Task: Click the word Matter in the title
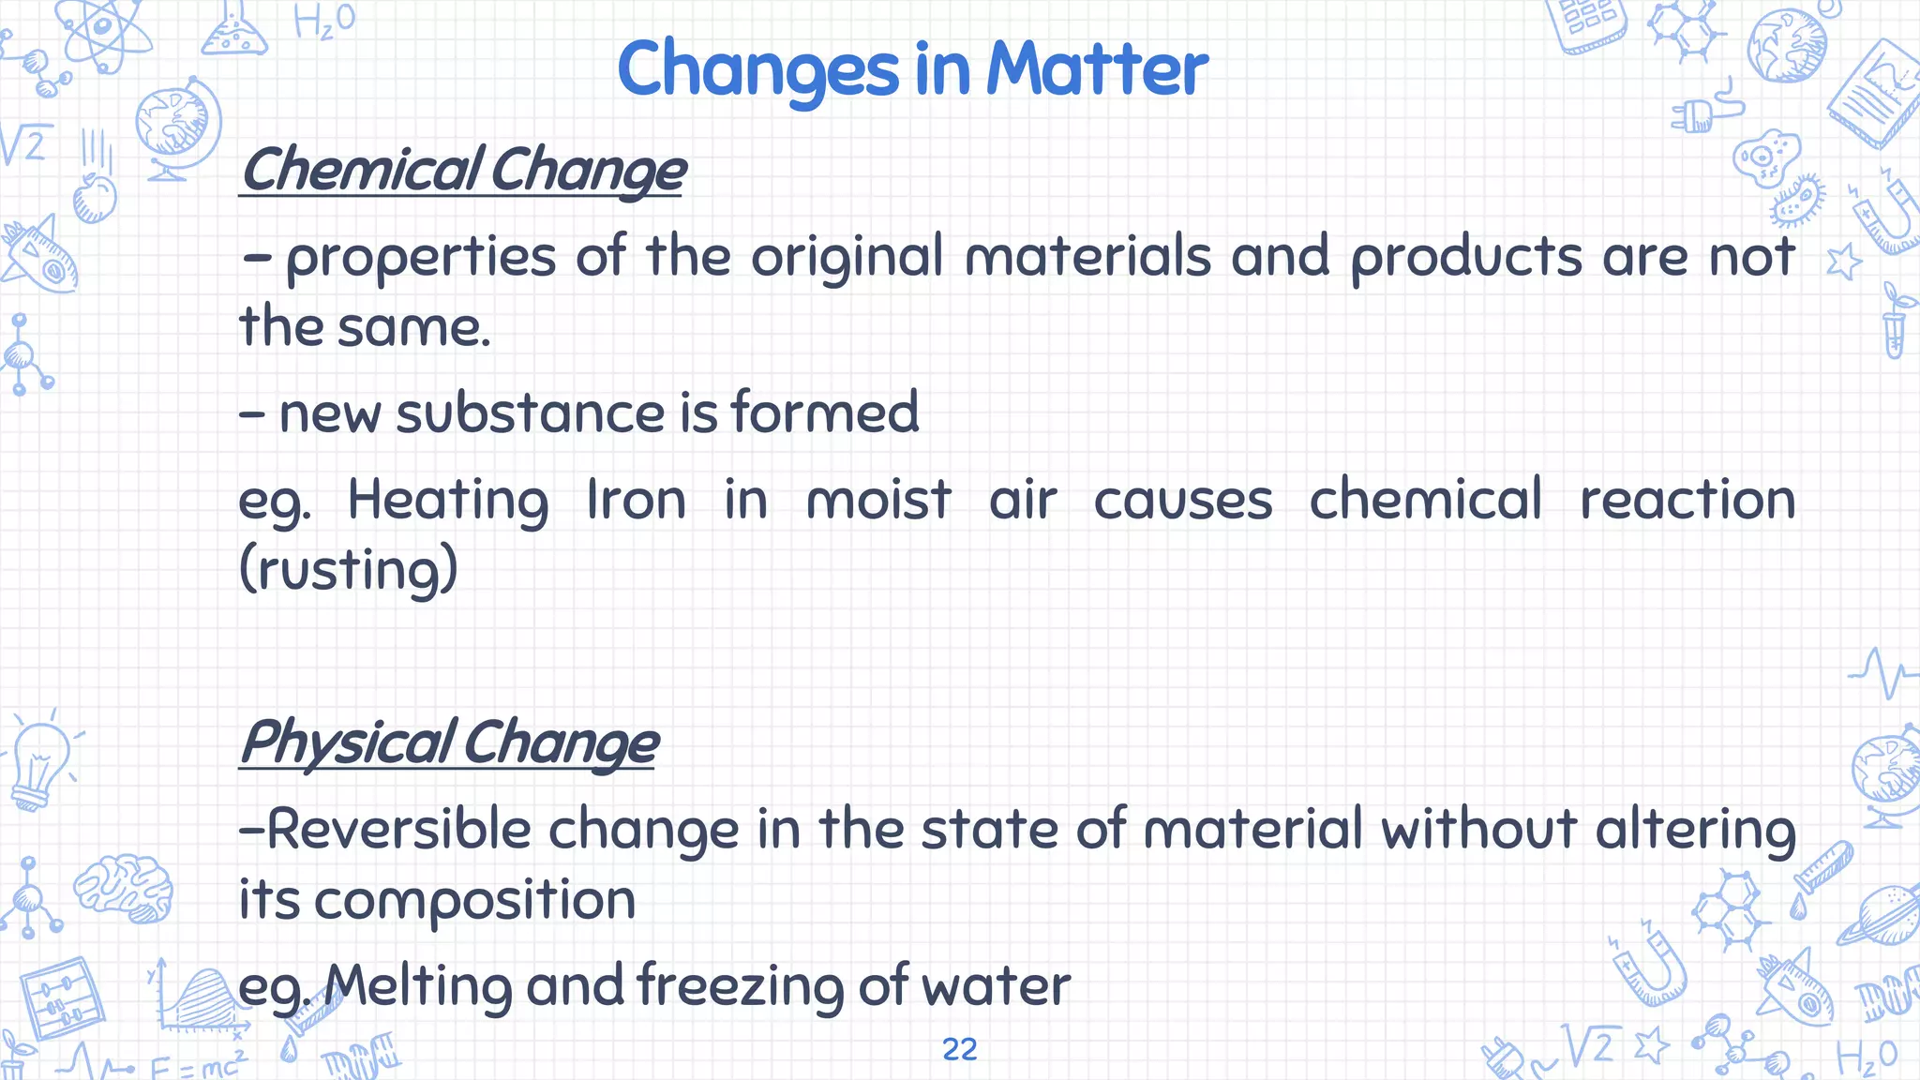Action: pos(1097,69)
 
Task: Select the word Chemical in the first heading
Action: pos(361,171)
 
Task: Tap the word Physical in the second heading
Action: pos(347,742)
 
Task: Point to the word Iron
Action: pos(636,500)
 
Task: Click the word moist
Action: pos(878,500)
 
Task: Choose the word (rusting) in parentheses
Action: pos(349,570)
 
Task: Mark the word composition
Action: pos(474,900)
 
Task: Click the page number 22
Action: pos(959,1049)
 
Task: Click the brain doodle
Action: pos(125,887)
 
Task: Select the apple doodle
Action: pos(95,197)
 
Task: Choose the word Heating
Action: pos(448,500)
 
